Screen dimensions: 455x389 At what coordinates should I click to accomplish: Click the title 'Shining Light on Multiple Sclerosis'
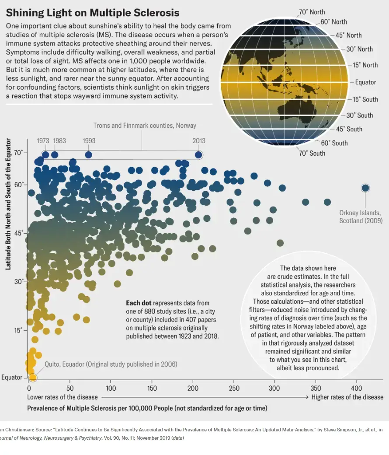point(92,13)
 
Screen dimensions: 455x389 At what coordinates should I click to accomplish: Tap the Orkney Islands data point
point(365,188)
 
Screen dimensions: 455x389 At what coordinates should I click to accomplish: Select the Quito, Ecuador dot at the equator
point(33,378)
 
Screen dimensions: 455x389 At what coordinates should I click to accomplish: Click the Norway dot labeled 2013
point(198,154)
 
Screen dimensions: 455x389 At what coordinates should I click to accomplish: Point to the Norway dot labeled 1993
point(89,154)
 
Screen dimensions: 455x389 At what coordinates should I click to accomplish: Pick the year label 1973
point(43,141)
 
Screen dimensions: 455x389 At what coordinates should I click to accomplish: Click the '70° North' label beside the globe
point(312,12)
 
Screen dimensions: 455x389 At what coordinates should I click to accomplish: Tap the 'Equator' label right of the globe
point(365,82)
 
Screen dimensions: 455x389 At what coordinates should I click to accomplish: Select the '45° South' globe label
point(349,129)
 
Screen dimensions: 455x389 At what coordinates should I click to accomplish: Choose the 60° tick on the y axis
point(18,185)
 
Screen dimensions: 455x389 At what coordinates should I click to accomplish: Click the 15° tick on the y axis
point(18,330)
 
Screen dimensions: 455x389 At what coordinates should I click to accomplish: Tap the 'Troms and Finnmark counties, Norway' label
point(145,126)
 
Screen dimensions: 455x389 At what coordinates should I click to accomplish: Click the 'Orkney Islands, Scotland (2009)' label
point(361,217)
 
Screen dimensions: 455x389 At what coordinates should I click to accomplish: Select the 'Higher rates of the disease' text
point(347,397)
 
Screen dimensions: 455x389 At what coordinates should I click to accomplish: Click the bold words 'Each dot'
point(139,303)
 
